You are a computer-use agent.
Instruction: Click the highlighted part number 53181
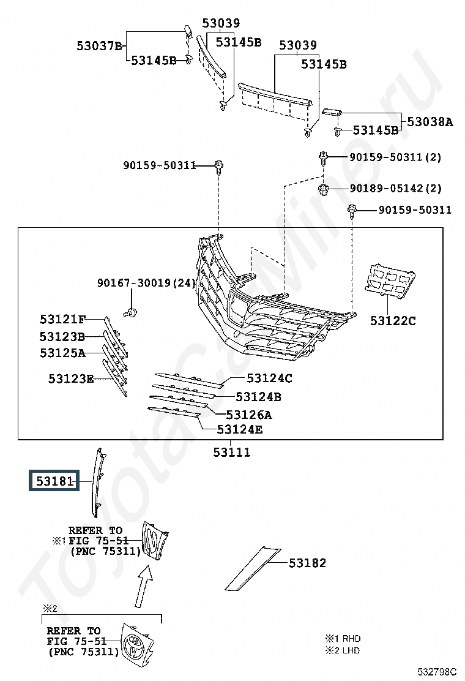coord(54,481)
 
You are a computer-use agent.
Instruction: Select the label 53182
coord(307,563)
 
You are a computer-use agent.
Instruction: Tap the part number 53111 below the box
coord(232,453)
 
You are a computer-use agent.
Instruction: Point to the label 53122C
coord(393,321)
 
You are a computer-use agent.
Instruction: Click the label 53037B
coord(99,45)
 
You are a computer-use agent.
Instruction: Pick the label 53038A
coord(430,122)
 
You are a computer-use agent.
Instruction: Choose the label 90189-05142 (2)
coord(396,189)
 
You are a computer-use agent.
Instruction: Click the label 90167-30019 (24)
coord(147,283)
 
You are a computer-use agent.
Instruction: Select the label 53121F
coord(62,319)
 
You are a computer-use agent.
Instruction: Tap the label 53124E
coord(240,429)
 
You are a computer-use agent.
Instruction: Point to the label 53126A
coord(249,415)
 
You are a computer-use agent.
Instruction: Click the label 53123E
coord(71,378)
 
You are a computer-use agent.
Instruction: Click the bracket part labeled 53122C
coord(390,280)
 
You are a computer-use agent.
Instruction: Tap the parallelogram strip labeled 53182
coord(253,569)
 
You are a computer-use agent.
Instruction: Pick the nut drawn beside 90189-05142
coord(323,189)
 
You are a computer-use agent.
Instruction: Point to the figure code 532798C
coord(437,671)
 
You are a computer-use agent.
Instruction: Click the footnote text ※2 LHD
coord(343,650)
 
